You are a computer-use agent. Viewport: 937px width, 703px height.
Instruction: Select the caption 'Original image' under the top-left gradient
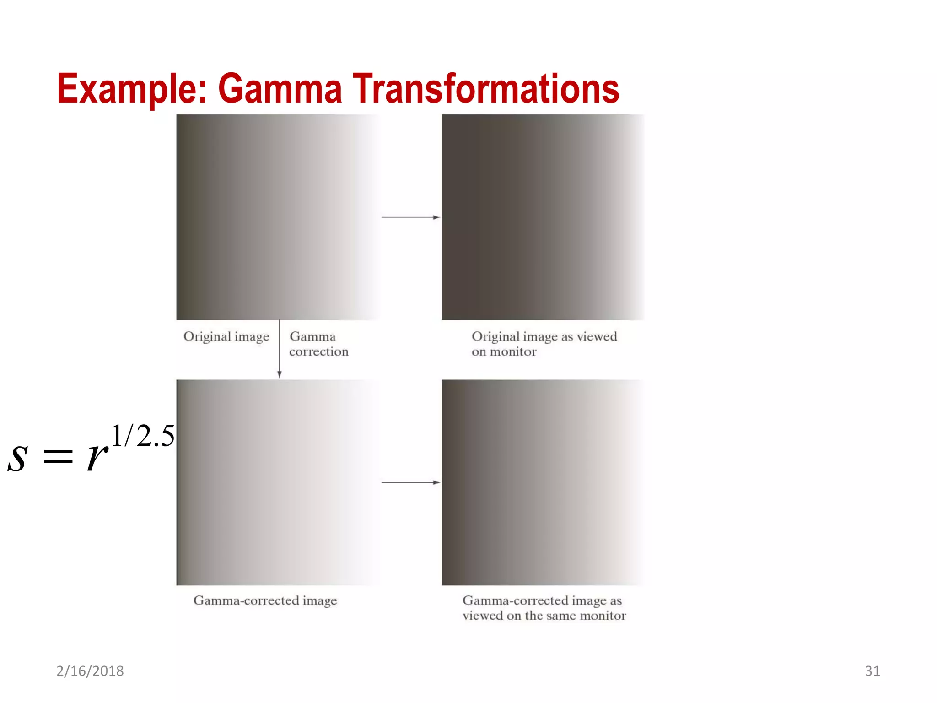[226, 337]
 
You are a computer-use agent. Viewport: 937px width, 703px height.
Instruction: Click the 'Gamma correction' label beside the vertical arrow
[318, 344]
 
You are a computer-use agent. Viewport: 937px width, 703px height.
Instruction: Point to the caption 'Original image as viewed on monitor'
[544, 344]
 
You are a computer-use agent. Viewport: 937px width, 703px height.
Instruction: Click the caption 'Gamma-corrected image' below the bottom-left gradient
[265, 600]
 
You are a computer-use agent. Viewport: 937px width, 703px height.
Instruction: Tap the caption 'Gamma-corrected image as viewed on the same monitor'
[544, 608]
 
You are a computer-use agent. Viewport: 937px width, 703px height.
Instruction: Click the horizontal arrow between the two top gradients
[410, 217]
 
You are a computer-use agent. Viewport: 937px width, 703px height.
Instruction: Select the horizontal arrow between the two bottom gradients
[410, 482]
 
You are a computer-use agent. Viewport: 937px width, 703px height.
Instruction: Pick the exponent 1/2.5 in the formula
[143, 436]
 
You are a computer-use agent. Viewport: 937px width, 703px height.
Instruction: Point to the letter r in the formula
[97, 456]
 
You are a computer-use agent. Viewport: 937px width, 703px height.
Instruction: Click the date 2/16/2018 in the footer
[90, 671]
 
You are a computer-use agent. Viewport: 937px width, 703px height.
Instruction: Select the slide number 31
[872, 671]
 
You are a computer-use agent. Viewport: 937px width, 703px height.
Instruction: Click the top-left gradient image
[278, 217]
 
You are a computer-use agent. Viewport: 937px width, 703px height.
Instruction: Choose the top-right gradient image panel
[543, 217]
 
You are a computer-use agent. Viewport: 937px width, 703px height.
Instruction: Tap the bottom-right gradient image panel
[543, 482]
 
